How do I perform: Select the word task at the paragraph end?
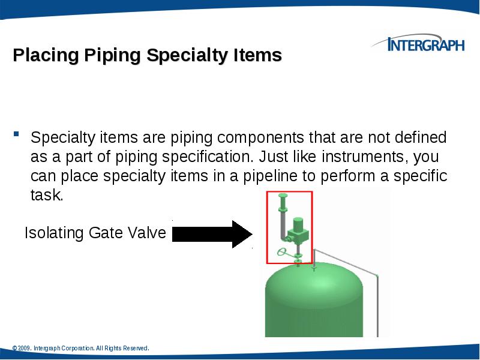pyautogui.click(x=46, y=196)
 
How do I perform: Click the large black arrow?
pyautogui.click(x=213, y=234)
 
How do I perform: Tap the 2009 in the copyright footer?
pyautogui.click(x=24, y=348)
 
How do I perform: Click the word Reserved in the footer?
pyautogui.click(x=135, y=348)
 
